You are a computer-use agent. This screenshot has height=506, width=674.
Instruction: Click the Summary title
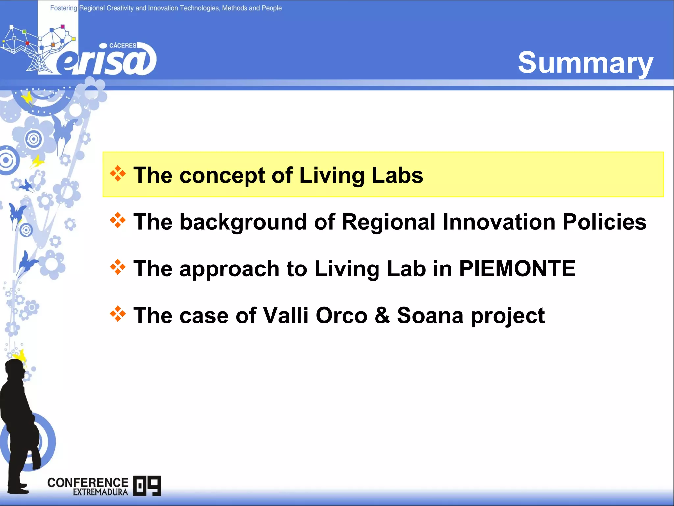point(585,63)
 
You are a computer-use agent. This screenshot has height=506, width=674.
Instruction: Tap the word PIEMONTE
point(517,268)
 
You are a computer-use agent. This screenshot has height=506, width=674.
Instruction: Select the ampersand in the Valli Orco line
point(382,315)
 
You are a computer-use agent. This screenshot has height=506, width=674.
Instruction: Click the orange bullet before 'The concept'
point(118,174)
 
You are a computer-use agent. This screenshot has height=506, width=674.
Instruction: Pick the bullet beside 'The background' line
point(118,221)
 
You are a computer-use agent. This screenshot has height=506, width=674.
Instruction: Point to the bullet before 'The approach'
point(118,267)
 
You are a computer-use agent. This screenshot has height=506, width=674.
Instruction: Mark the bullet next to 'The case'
point(118,314)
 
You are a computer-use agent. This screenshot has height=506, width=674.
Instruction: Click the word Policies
point(604,222)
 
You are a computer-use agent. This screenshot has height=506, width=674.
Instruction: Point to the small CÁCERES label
point(122,46)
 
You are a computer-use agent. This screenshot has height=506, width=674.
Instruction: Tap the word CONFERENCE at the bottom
point(88,483)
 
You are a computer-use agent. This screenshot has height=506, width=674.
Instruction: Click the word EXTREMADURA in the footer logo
point(100,492)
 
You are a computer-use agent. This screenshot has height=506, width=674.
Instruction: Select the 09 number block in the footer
point(147,486)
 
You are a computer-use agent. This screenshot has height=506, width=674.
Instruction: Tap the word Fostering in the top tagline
point(64,8)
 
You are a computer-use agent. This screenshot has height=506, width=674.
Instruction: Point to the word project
point(507,315)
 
